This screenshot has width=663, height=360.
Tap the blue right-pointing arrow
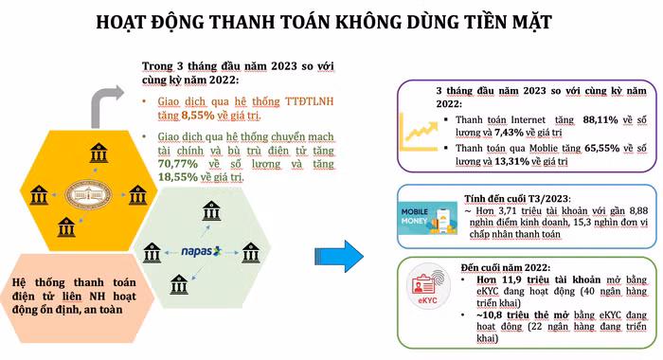click(x=339, y=255)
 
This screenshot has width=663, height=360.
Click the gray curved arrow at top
click(x=107, y=98)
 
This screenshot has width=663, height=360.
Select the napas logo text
click(x=200, y=252)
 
